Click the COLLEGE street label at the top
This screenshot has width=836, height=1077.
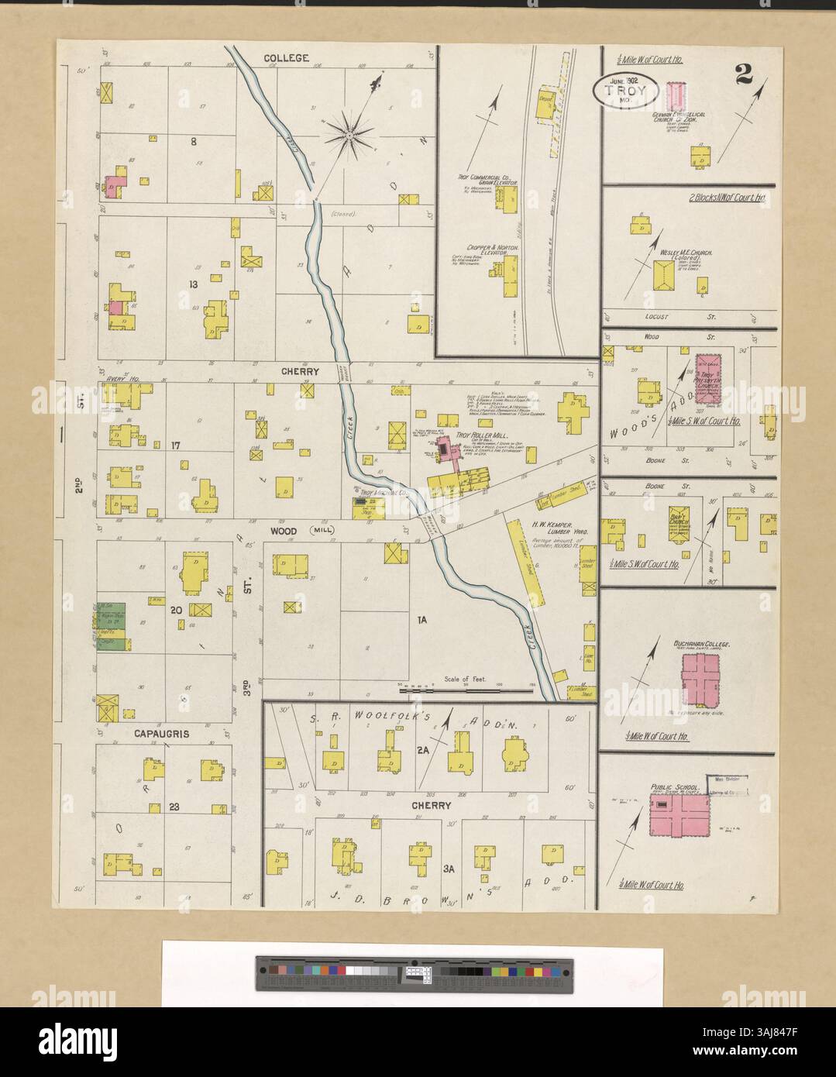pos(286,58)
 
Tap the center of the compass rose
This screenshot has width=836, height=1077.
pos(349,137)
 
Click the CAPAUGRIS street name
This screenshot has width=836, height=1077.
pos(162,733)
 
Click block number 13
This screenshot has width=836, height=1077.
pos(194,284)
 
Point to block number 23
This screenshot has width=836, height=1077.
pos(174,807)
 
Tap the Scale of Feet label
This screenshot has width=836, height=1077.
pos(465,679)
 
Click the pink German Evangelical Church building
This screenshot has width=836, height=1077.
pos(674,95)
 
